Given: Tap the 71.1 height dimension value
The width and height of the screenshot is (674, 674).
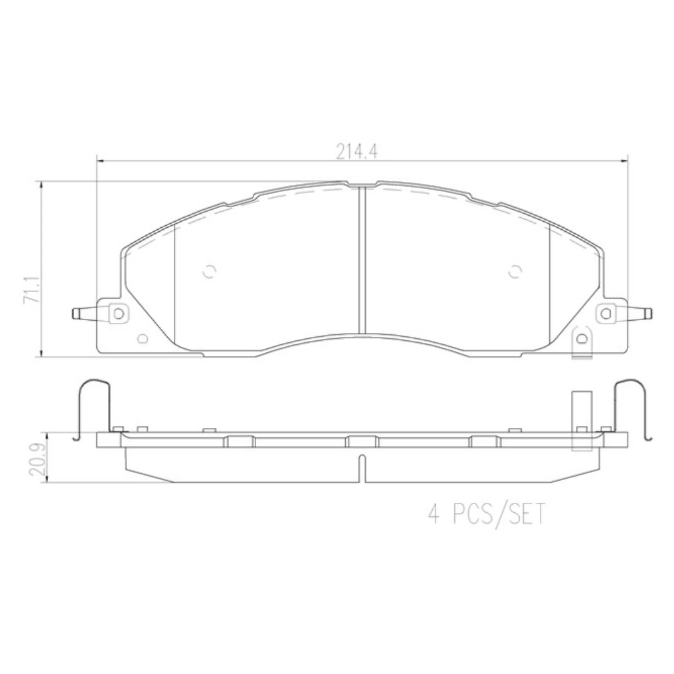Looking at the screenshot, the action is [x=32, y=290].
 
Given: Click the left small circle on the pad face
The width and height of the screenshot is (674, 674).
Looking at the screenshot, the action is [x=210, y=271].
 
